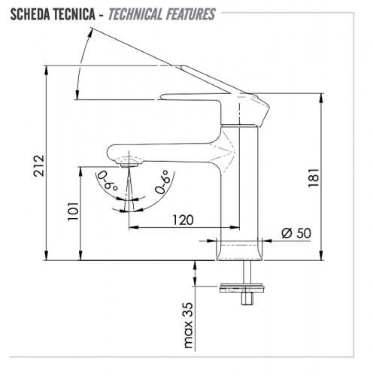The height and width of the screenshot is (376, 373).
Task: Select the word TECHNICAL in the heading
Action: click(135, 14)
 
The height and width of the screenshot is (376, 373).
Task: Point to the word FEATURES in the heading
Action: click(190, 14)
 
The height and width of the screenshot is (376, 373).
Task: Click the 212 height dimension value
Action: click(39, 165)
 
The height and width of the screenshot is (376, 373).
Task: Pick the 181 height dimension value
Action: click(314, 177)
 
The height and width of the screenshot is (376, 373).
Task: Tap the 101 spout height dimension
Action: click(73, 211)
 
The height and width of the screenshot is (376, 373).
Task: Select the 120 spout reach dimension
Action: click(183, 220)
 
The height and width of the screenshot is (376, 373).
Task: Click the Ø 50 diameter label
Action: click(296, 233)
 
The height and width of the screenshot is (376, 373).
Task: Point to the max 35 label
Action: click(189, 325)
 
